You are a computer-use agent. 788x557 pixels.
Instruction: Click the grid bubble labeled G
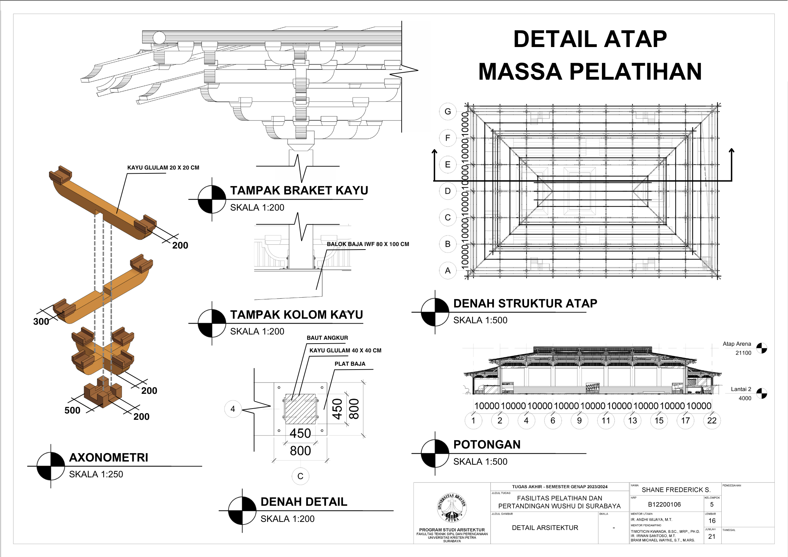pos(448,112)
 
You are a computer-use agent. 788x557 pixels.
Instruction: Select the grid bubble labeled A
pos(448,271)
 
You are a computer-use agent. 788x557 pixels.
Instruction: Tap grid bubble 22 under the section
pos(712,420)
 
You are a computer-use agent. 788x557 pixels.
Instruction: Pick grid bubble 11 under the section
pos(606,420)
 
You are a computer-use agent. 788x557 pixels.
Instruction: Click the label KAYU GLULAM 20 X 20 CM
pos(163,168)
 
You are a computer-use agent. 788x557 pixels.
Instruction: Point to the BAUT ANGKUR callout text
pos(327,338)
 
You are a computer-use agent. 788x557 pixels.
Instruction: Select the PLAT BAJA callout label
pos(350,364)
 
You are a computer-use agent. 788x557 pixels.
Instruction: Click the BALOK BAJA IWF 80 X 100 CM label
pos(368,244)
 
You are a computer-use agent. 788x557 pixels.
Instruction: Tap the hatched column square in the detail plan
pos(300,409)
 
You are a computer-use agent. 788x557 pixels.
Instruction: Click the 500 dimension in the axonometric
pos(72,410)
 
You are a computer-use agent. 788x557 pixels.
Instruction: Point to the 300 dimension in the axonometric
pos(41,321)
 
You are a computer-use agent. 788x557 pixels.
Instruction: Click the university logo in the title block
pos(452,507)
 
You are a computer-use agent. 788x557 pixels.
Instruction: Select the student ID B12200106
pos(664,505)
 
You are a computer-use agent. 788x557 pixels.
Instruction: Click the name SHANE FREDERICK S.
pos(676,490)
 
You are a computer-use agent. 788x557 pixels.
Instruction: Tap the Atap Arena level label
pos(737,344)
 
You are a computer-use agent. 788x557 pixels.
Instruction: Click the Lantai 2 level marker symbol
pos(761,393)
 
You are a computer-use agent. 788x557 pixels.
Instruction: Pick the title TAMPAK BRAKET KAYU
pos(299,191)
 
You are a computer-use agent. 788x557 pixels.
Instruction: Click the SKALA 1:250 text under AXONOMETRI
pos(96,475)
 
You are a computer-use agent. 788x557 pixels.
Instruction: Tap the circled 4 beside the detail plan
pos(233,409)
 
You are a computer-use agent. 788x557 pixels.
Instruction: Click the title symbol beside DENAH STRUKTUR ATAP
pos(435,312)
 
